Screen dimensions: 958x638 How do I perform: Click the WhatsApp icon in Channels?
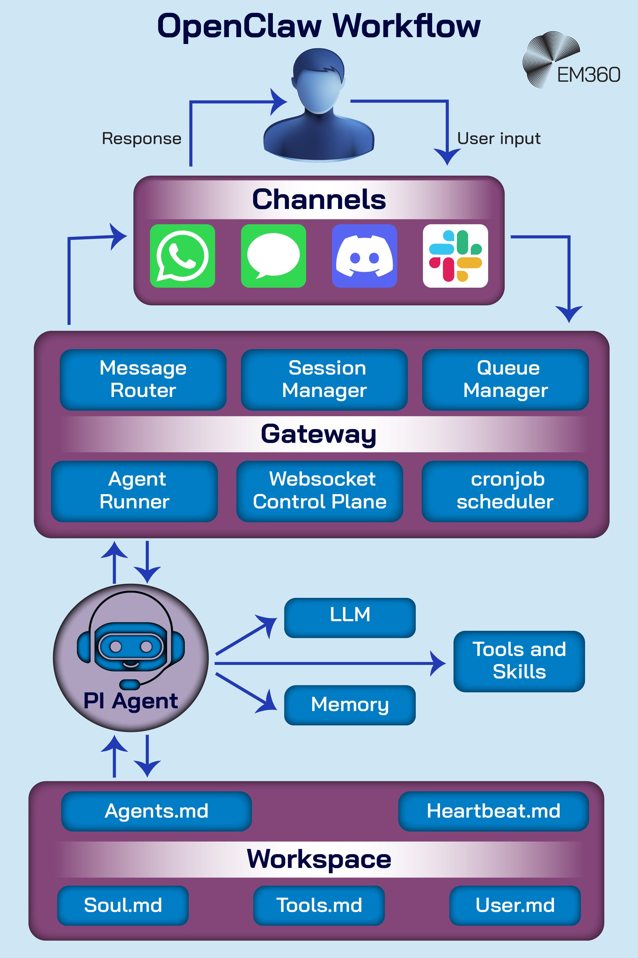point(182,256)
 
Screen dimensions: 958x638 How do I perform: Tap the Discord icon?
point(364,256)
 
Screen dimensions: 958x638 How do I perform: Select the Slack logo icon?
point(455,256)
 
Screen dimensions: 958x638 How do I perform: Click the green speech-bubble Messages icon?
point(273,256)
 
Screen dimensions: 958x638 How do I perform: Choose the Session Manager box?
point(324,379)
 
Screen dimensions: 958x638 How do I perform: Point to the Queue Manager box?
point(505,379)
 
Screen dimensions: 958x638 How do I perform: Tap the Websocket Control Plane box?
point(319,491)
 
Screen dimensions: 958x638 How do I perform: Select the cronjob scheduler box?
point(505,491)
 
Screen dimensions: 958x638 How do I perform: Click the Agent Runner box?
point(134,491)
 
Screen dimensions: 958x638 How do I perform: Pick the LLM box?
point(350,617)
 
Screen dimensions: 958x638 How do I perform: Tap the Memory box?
point(350,705)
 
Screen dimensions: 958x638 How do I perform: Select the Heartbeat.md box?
point(493,811)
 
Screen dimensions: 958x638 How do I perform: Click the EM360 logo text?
point(588,75)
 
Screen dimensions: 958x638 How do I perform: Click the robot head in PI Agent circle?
point(131,645)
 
